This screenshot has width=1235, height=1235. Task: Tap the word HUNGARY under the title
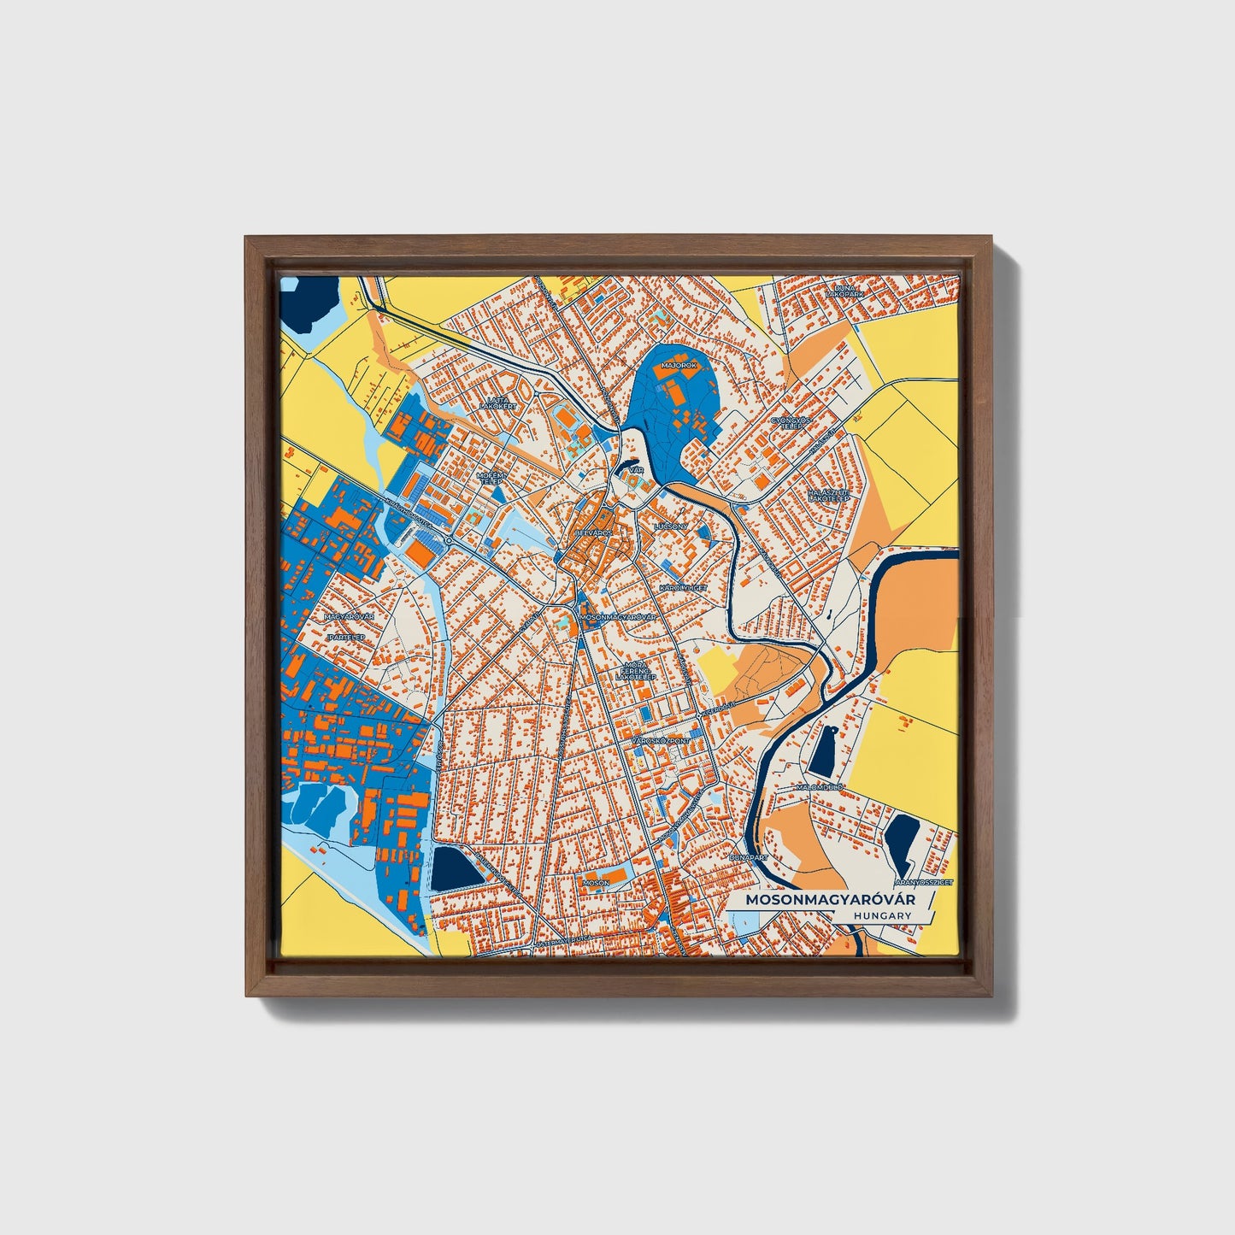[882, 915]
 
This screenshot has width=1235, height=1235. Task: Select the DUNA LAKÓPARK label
[845, 291]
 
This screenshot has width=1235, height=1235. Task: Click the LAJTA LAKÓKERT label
[497, 403]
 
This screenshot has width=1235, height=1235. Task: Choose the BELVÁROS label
[593, 532]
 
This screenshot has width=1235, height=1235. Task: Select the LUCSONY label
[669, 526]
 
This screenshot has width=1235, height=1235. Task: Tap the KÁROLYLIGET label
[681, 588]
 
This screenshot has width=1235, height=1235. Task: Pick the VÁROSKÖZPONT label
[660, 740]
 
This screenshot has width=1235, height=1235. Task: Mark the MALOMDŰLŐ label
[819, 786]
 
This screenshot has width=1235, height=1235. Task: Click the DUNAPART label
[749, 856]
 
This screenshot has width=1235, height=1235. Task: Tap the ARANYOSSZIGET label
[923, 880]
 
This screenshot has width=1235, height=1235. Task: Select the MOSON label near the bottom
[596, 881]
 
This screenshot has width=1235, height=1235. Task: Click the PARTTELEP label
[346, 638]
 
